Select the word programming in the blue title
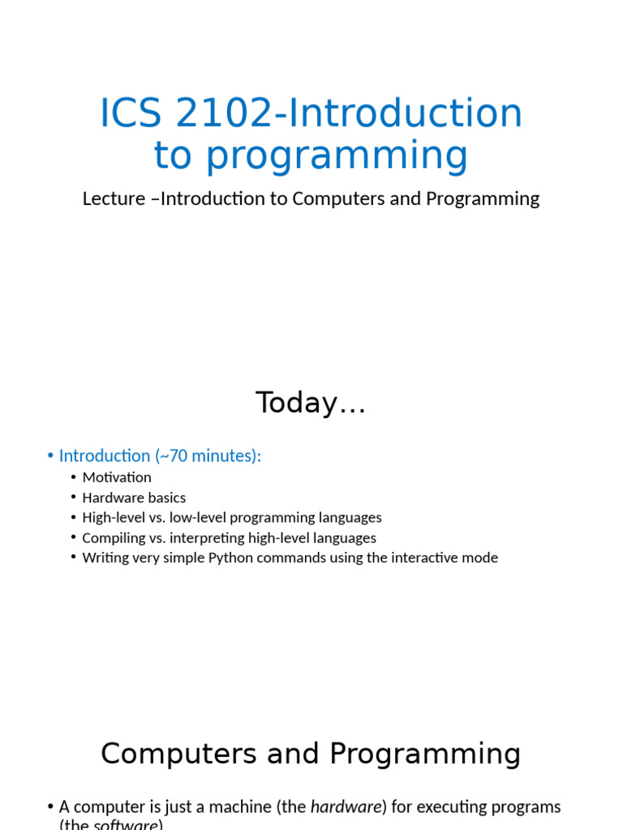pos(336,156)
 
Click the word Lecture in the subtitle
pos(107,199)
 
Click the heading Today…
pos(311,403)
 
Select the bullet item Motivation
pos(117,477)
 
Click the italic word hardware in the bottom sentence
pos(346,807)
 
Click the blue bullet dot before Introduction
pos(50,456)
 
